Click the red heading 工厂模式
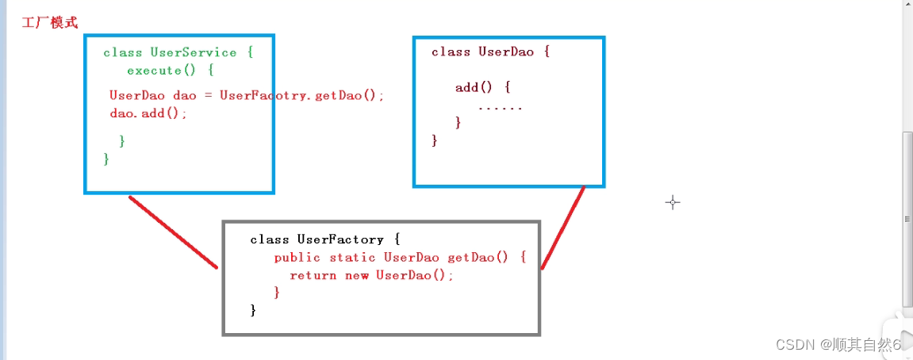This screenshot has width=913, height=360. pos(50,22)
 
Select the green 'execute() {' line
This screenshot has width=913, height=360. pos(170,70)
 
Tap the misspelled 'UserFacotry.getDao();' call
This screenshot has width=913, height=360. pos(301,95)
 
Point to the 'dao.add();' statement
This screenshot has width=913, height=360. pos(148,113)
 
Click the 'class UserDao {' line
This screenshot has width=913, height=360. pos(490,52)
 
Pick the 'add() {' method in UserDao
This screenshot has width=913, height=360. pos(482,87)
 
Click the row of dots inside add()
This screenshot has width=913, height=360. pos(501,107)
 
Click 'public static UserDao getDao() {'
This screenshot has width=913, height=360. pos(400,257)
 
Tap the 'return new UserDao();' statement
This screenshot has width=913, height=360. pos(372,275)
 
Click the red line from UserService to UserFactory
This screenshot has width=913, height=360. pos(173,232)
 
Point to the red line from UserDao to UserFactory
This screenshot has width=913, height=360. pos(563,228)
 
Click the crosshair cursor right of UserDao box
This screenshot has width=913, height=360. pos(673,202)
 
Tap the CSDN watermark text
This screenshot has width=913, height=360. pos(838,344)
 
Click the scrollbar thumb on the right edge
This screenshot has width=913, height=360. pos(907,218)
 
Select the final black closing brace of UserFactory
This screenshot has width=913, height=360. pos(254,310)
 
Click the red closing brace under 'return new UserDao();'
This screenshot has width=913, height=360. pos(277,293)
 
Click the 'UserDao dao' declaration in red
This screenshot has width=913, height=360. pos(152,95)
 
